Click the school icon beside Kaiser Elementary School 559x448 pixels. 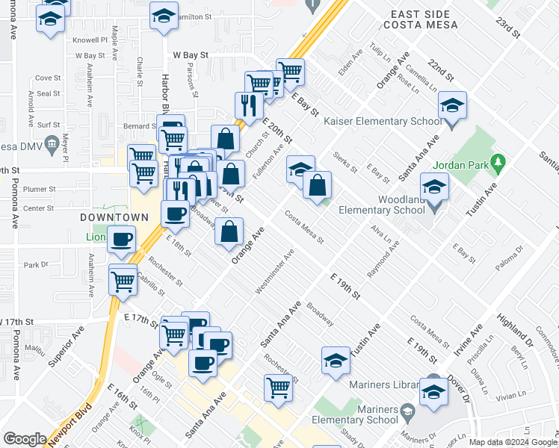click(x=452, y=108)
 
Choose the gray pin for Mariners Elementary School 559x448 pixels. click(x=408, y=411)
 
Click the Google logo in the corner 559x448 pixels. click(x=25, y=439)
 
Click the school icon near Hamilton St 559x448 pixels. click(x=164, y=16)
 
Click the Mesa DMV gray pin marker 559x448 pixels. click(x=52, y=143)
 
